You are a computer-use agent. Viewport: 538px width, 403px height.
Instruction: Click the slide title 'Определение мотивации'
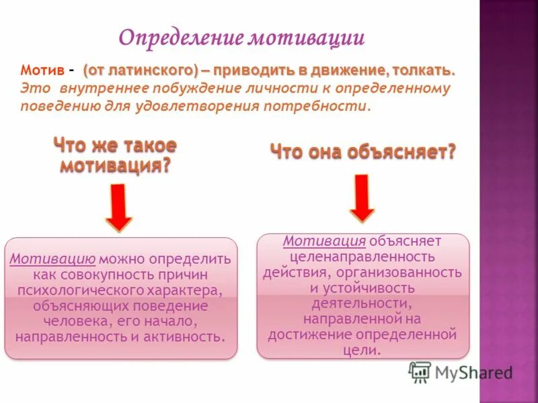[x=241, y=37]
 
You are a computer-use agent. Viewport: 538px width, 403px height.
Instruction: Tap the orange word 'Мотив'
[x=42, y=71]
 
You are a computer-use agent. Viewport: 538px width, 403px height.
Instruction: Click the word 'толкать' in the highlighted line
[x=428, y=71]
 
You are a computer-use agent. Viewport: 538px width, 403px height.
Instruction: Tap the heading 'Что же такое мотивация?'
[x=115, y=156]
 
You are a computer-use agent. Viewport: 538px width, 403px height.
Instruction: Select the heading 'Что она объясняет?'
[x=363, y=152]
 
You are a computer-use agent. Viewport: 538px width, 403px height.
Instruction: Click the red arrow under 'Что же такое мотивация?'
[x=119, y=208]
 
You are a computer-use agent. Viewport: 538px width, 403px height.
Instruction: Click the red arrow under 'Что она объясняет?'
[x=362, y=197]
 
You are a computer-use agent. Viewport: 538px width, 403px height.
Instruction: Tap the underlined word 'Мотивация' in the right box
[x=324, y=241]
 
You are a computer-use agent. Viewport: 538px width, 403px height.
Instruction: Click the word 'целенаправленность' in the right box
[x=362, y=257]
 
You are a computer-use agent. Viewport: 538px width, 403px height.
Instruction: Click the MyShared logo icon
[x=420, y=371]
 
